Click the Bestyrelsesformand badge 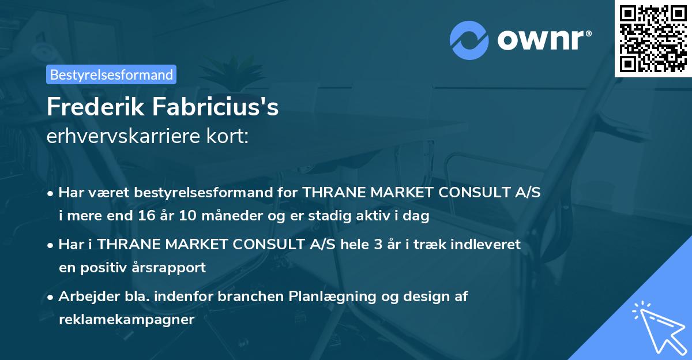(111, 74)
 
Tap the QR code (653, 38)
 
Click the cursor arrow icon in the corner (657, 326)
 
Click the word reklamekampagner (126, 320)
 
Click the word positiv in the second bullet (110, 268)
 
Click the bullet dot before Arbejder (51, 297)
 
